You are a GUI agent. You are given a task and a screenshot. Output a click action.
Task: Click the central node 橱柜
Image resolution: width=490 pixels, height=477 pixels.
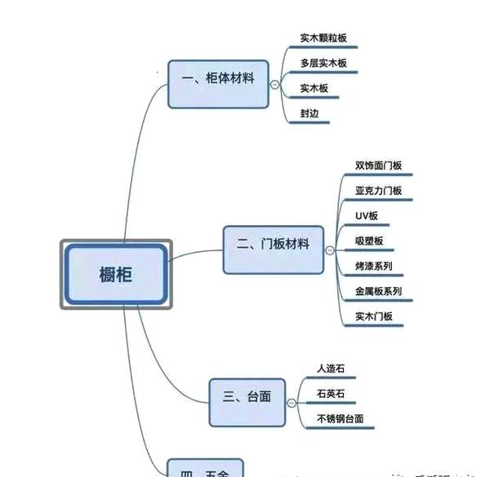pyautogui.click(x=115, y=274)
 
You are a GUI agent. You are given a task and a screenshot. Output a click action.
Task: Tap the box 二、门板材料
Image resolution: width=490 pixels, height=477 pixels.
pyautogui.click(x=273, y=244)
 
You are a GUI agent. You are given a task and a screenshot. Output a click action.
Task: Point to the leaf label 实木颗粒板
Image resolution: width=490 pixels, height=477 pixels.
pyautogui.click(x=323, y=38)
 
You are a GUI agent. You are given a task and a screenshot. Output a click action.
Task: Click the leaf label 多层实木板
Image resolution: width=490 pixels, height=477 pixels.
pyautogui.click(x=323, y=63)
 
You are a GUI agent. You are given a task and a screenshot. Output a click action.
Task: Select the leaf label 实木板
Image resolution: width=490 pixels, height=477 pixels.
pyautogui.click(x=314, y=88)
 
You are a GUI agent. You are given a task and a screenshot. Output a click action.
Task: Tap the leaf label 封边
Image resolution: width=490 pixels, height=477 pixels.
pyautogui.click(x=310, y=113)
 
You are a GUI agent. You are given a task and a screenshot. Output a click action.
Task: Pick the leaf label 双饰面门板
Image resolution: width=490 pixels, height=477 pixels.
pyautogui.click(x=378, y=166)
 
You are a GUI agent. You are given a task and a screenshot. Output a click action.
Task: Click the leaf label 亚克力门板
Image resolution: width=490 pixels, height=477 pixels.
pyautogui.click(x=378, y=191)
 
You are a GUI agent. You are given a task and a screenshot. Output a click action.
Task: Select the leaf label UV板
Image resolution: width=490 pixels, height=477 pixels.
pyautogui.click(x=366, y=216)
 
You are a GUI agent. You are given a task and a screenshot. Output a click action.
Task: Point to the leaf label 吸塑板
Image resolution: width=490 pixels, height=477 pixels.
pyautogui.click(x=369, y=241)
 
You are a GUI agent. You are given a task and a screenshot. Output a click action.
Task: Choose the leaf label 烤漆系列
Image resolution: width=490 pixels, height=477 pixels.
pyautogui.click(x=374, y=266)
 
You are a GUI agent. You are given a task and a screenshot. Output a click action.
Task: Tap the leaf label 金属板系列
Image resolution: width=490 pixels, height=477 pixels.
pyautogui.click(x=378, y=291)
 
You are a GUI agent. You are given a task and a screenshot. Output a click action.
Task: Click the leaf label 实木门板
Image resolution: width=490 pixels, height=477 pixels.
pyautogui.click(x=374, y=316)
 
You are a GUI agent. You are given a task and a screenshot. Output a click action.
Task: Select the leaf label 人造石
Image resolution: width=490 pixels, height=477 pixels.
pyautogui.click(x=331, y=369)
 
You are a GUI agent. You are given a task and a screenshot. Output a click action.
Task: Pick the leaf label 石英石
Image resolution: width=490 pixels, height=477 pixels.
pyautogui.click(x=331, y=394)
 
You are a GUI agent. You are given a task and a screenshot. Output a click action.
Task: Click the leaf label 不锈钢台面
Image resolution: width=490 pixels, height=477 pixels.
pyautogui.click(x=340, y=419)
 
